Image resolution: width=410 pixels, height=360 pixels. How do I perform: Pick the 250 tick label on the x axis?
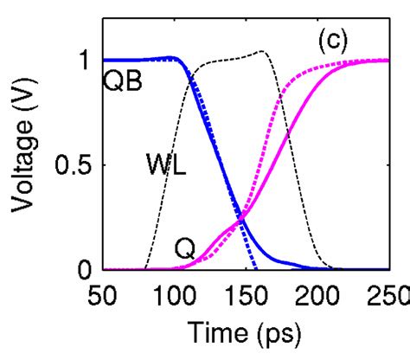coord(386,293)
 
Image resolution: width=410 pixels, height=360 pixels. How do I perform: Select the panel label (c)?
coord(333,41)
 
